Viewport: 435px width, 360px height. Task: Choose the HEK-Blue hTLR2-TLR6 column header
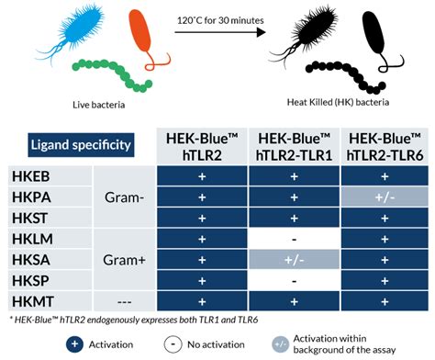[x=384, y=144]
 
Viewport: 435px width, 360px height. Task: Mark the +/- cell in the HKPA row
[x=384, y=196]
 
